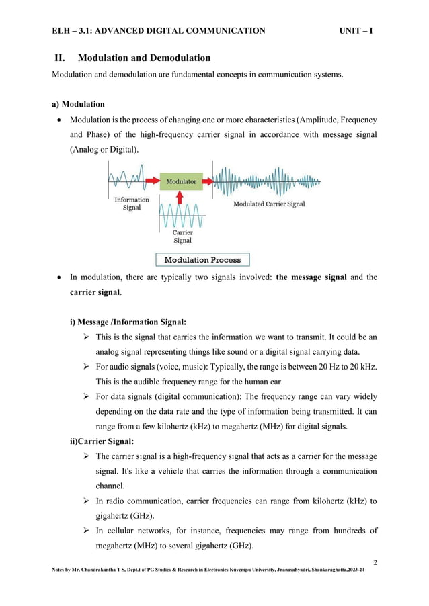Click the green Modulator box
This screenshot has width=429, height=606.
coord(181,181)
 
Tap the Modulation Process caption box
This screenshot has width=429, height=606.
coord(202,259)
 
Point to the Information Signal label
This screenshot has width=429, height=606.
coord(132,204)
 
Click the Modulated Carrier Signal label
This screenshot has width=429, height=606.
coord(269,204)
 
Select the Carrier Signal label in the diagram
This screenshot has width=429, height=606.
coord(182,236)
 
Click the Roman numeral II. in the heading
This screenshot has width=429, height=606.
coord(63,58)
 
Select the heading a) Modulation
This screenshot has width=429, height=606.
coord(79,105)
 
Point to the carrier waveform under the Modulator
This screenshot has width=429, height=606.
coord(180,216)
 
